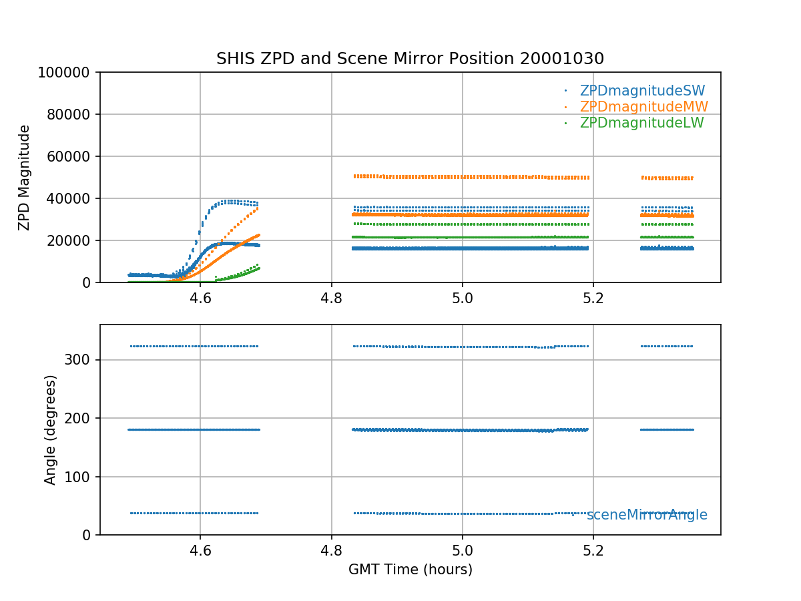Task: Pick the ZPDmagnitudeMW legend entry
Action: (x=643, y=107)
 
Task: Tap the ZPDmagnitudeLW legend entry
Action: (x=641, y=123)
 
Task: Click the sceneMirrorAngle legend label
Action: (x=647, y=515)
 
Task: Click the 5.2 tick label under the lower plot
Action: (x=593, y=550)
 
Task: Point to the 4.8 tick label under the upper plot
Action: (x=331, y=298)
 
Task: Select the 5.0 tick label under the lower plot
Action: (x=462, y=550)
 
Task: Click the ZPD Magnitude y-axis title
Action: (x=25, y=177)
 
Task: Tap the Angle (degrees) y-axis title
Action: (x=51, y=429)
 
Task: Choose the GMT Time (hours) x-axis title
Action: (x=411, y=570)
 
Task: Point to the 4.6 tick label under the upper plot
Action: (x=200, y=298)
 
